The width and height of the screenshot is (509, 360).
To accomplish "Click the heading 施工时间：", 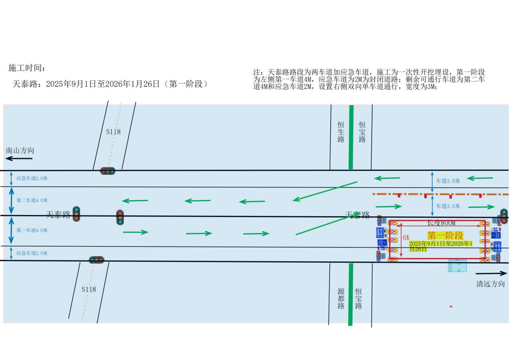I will [27, 68].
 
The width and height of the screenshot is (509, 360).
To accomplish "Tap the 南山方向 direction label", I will [20, 151].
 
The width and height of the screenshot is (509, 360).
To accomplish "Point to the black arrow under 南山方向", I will [19, 158].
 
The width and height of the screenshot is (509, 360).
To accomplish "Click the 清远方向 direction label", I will [490, 284].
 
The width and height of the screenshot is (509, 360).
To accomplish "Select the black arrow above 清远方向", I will [491, 274].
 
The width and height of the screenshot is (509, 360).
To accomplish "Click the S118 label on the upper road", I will [113, 131].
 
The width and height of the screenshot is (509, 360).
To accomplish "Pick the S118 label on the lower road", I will [88, 289].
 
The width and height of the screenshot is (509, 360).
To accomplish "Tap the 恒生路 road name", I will [341, 131].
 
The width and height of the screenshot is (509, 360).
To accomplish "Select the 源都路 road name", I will [341, 298].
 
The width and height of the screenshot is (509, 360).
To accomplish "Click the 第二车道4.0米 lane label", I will [32, 200].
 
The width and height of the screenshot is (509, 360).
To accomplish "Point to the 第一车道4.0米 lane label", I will [32, 230].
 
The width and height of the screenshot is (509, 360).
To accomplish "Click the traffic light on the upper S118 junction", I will [107, 171].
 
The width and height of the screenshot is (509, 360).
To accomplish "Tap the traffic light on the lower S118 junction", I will [96, 260].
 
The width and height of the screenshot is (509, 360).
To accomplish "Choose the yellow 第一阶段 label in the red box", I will [445, 235].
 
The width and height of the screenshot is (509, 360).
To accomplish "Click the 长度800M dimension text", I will [441, 223].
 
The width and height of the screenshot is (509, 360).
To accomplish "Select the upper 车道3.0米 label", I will [448, 181].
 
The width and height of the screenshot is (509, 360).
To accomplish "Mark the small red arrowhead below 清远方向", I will [450, 307].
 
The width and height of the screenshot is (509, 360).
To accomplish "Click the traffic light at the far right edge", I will [503, 215].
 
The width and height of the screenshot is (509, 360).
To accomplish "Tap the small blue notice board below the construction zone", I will [457, 266].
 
